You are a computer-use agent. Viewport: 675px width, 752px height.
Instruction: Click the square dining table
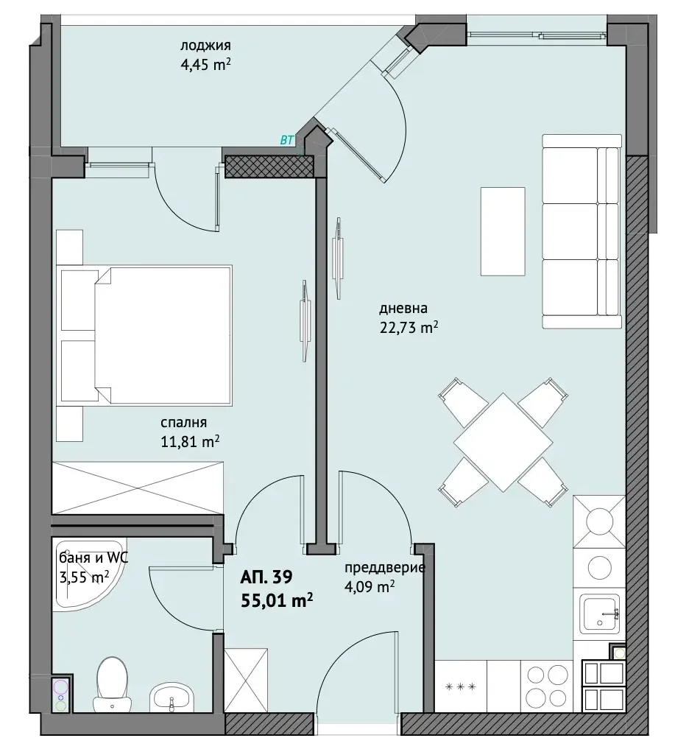tap(503, 442)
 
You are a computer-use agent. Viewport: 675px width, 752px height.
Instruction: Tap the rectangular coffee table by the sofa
tap(503, 231)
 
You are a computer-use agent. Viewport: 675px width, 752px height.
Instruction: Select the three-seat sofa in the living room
tap(582, 232)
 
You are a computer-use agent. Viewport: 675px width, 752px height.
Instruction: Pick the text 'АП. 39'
tap(266, 577)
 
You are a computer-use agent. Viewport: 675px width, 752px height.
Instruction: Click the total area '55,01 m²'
tap(277, 600)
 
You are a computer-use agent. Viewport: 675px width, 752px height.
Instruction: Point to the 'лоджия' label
tap(205, 46)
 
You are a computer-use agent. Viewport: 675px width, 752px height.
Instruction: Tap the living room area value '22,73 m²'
tap(409, 328)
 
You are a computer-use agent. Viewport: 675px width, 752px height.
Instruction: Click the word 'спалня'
tap(183, 423)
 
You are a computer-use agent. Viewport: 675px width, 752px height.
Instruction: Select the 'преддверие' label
tap(385, 568)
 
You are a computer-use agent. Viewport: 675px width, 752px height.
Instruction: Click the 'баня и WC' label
tap(93, 558)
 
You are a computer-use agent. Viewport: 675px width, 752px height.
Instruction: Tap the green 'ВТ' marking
tap(286, 141)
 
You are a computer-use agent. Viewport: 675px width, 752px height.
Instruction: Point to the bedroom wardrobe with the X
tap(138, 488)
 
